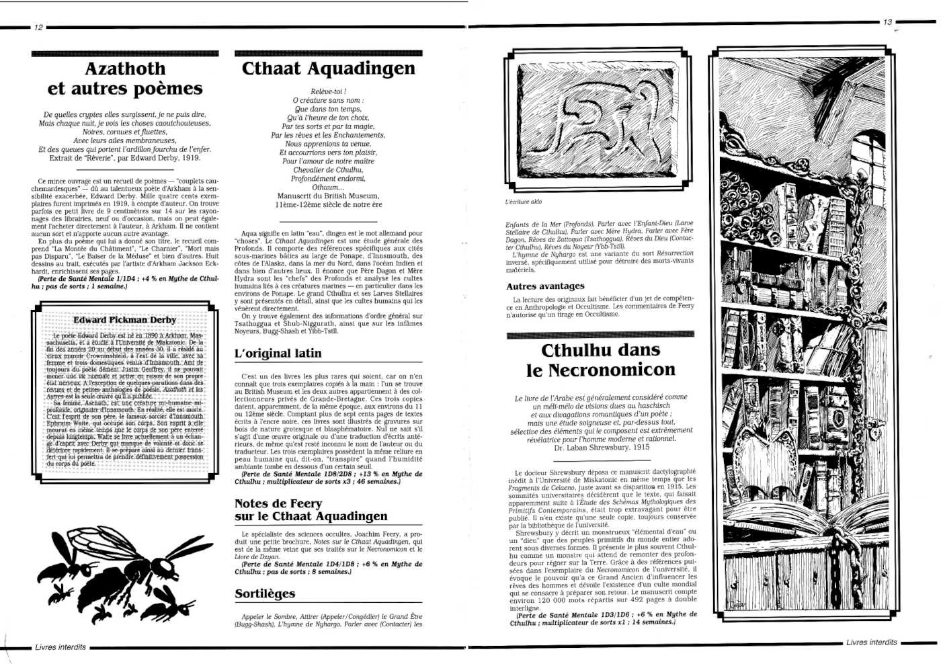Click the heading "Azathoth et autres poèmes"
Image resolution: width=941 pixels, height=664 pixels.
[125, 79]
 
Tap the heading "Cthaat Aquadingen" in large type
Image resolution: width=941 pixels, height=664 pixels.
[328, 69]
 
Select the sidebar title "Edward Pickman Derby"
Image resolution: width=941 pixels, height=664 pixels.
[125, 320]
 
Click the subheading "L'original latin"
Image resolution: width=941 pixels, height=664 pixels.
[278, 354]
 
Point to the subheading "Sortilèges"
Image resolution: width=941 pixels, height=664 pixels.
[265, 594]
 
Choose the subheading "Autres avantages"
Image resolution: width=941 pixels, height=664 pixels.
[545, 286]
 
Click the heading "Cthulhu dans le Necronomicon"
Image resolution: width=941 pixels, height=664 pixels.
[600, 360]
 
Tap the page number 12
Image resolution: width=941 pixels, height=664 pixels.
[38, 28]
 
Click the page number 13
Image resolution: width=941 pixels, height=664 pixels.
[887, 22]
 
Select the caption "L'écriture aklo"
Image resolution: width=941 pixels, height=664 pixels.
[524, 202]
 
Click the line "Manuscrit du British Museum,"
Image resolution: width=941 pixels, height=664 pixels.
[328, 196]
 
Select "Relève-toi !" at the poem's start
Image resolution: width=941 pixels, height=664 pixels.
[328, 91]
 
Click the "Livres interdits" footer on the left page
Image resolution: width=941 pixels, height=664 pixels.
[60, 647]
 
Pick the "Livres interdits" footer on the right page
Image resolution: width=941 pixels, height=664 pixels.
[871, 642]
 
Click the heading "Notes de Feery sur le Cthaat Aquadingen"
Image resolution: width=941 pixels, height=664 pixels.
[311, 510]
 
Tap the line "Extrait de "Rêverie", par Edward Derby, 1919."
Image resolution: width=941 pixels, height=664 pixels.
[125, 159]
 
